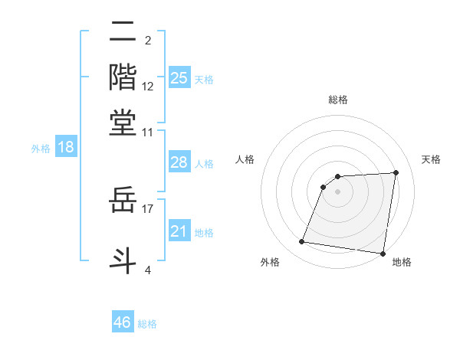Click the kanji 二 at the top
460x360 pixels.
pyautogui.click(x=123, y=33)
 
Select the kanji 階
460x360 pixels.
pyautogui.click(x=123, y=77)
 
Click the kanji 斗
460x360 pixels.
pyautogui.click(x=123, y=258)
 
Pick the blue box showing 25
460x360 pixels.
pyautogui.click(x=179, y=77)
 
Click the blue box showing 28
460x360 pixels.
pyautogui.click(x=179, y=162)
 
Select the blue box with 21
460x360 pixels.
pyautogui.click(x=179, y=231)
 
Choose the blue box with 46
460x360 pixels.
pyautogui.click(x=123, y=322)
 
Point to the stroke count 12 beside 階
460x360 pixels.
pyautogui.click(x=148, y=87)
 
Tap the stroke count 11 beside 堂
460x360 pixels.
pyautogui.click(x=148, y=132)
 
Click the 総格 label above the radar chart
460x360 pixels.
pyautogui.click(x=337, y=100)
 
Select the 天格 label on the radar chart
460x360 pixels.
pyautogui.click(x=431, y=159)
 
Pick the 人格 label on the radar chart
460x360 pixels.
pyautogui.click(x=245, y=159)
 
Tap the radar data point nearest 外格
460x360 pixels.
pyautogui.click(x=302, y=242)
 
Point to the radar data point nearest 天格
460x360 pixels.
pyautogui.click(x=396, y=172)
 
